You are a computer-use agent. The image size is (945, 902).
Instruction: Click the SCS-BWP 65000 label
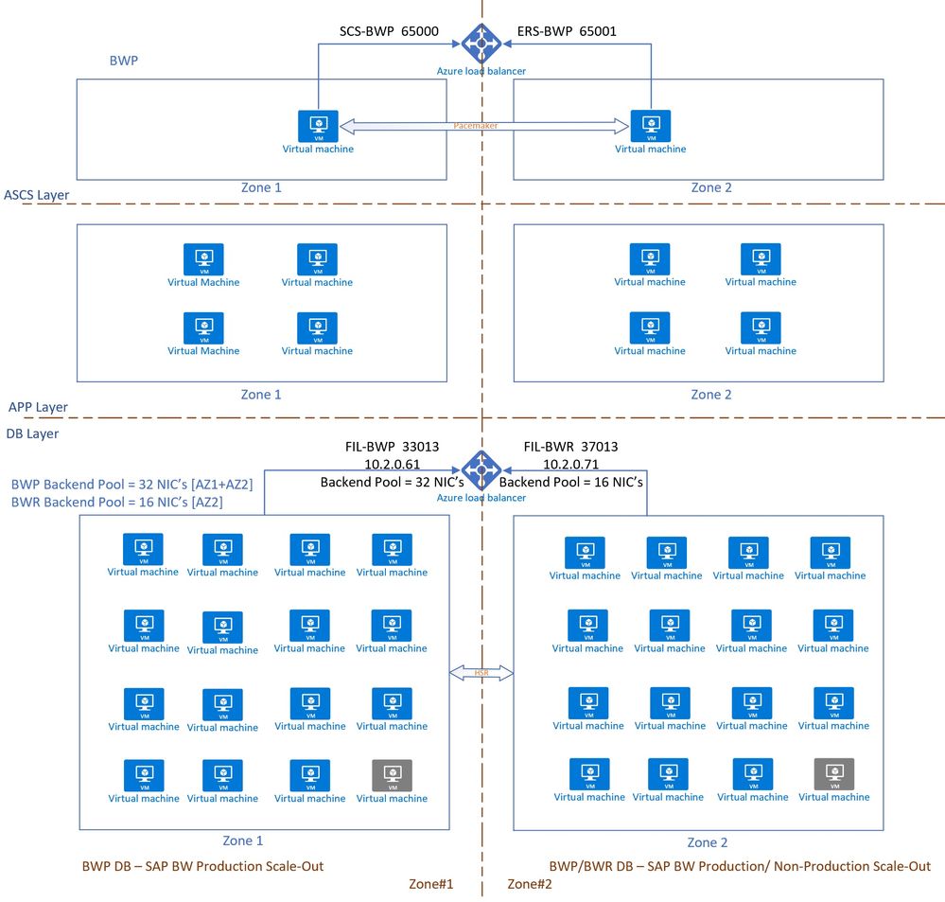tap(389, 30)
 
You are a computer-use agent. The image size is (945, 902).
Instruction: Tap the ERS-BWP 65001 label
tap(567, 30)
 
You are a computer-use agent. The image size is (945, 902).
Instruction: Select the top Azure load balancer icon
tap(481, 42)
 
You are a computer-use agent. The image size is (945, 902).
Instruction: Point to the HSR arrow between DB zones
tap(481, 673)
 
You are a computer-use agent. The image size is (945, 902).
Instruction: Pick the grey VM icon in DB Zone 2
tap(833, 773)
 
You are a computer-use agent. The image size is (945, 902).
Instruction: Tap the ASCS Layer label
tap(36, 196)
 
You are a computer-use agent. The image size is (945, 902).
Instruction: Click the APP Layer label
tap(38, 407)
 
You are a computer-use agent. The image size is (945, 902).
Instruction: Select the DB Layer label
tap(32, 433)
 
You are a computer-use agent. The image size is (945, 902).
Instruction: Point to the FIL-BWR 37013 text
tap(570, 447)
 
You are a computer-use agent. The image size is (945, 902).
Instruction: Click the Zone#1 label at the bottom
tap(431, 884)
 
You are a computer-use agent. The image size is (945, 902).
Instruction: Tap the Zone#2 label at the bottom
tap(530, 884)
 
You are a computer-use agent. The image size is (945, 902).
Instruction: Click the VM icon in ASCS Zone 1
tap(319, 126)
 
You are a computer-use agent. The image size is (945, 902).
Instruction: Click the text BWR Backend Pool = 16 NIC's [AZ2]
tap(116, 502)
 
